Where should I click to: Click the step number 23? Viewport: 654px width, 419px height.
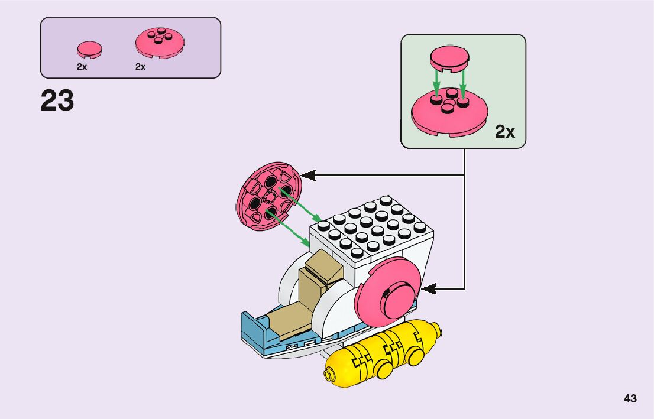pos(57,100)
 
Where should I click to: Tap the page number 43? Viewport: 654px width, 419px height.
pos(630,398)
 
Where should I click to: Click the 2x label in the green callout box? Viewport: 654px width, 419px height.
pos(504,132)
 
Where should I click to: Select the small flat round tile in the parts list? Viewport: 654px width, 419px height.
pos(89,49)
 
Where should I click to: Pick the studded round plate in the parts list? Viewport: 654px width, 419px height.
pos(160,43)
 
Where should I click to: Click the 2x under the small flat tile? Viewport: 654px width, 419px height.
pos(82,67)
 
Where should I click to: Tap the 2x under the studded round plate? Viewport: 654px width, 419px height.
pos(140,67)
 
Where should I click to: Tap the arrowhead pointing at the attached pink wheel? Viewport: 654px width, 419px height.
pos(427,289)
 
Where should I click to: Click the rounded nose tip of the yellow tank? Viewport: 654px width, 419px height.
pos(328,374)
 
